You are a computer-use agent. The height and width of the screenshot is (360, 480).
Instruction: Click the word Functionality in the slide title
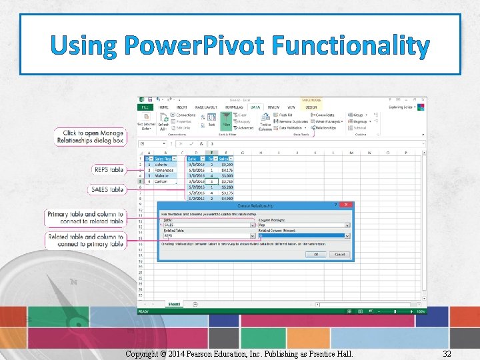point(347,46)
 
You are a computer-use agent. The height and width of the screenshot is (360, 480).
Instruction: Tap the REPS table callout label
point(109,170)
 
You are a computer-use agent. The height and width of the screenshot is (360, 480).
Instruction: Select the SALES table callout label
point(108,189)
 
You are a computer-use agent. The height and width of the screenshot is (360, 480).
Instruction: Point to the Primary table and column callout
point(86,217)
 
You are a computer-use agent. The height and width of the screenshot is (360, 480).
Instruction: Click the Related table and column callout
point(86,240)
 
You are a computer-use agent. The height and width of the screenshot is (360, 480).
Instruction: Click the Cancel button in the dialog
point(339,254)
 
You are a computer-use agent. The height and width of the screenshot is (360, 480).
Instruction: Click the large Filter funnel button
point(225,120)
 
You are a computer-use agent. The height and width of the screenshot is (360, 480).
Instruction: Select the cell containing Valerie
point(163,164)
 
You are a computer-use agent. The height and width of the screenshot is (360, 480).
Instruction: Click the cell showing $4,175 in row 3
point(227,170)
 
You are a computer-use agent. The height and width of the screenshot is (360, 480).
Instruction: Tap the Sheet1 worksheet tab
point(174,304)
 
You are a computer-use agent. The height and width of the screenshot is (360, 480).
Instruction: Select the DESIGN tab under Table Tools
point(311,107)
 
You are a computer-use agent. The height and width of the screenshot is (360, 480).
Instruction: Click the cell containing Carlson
point(162,181)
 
